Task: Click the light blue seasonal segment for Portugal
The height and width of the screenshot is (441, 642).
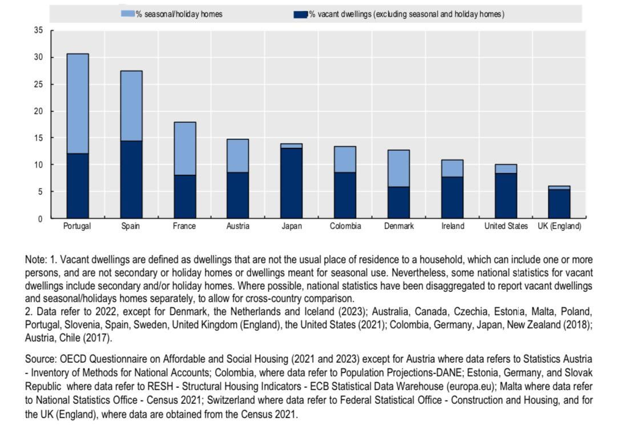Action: tap(78, 104)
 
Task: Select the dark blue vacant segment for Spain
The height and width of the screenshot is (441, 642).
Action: tap(131, 179)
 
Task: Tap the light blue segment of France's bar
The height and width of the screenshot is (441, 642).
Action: tap(185, 149)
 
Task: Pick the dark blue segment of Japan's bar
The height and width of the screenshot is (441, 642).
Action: tap(292, 183)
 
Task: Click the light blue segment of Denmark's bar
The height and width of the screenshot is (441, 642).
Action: tap(399, 169)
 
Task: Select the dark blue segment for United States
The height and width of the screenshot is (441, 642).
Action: tap(506, 195)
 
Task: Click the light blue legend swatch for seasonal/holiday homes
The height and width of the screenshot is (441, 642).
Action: tap(128, 14)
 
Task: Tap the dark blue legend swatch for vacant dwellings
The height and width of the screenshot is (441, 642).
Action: tap(301, 15)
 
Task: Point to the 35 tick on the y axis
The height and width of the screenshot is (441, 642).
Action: tap(38, 30)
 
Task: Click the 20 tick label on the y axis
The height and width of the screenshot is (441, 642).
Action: tap(38, 111)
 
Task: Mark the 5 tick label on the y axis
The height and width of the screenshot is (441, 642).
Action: tap(40, 192)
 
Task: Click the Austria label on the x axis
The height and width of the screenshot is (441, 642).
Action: tap(238, 226)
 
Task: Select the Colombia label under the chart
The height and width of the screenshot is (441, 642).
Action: tap(346, 226)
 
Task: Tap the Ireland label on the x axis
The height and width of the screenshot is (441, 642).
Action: tap(453, 226)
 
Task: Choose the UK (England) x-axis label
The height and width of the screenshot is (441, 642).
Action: tap(559, 226)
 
